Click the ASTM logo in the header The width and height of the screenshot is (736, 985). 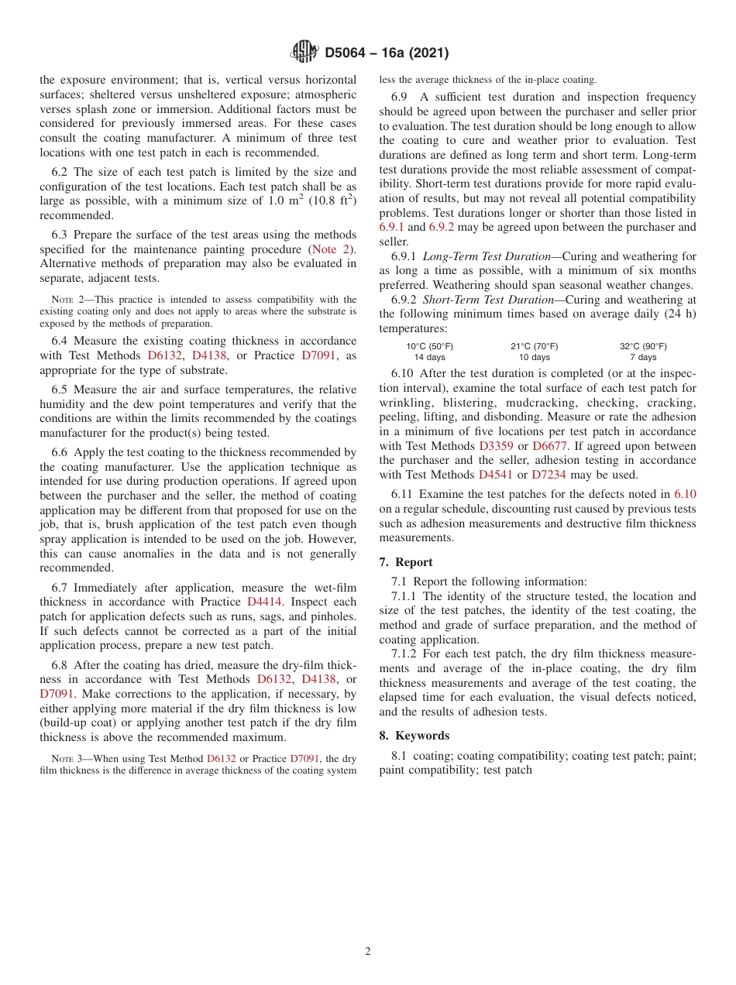pos(304,52)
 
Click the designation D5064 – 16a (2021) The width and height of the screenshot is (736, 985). pos(387,53)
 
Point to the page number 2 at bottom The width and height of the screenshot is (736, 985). pos(368,952)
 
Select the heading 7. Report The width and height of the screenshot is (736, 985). pos(406,562)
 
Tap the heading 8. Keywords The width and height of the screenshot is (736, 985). pos(414,736)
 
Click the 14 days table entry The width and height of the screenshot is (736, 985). pos(429,358)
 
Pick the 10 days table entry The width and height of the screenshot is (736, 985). pos(534,358)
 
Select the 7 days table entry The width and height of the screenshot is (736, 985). pos(643,358)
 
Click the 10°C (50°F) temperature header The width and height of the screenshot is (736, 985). pos(429,346)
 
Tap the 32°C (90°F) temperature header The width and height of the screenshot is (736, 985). pos(643,346)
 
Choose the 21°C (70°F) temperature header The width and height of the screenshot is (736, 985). pos(534,346)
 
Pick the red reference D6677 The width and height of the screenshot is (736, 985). pos(549,446)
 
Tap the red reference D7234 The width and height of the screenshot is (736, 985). pos(549,475)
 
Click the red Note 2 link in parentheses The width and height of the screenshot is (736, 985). pos(330,249)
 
